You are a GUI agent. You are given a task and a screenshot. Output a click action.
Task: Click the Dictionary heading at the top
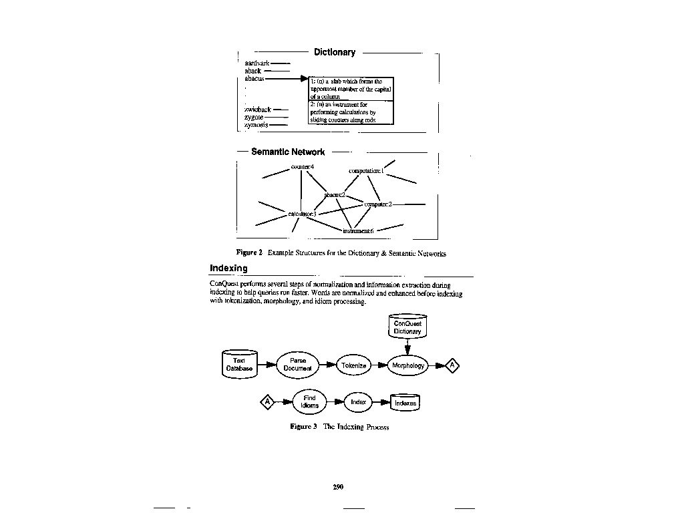(335, 52)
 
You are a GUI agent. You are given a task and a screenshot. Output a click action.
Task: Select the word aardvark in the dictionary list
(256, 63)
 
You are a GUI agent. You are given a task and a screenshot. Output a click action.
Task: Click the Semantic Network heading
(288, 152)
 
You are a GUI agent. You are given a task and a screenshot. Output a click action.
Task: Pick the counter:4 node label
(303, 166)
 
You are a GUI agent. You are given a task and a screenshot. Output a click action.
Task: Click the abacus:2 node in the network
(335, 194)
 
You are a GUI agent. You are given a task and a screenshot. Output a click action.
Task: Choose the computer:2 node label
(378, 204)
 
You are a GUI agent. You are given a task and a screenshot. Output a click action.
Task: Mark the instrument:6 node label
(358, 230)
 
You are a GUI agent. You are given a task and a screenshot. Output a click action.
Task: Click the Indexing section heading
(228, 268)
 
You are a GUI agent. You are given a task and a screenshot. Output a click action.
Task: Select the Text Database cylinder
(239, 364)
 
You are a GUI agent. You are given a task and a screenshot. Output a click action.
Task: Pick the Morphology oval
(408, 365)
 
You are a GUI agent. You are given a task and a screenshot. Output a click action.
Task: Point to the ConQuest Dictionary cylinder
(407, 327)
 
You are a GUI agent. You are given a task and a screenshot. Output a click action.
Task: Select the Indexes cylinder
(405, 403)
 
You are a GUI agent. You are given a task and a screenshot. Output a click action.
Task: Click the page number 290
(338, 487)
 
